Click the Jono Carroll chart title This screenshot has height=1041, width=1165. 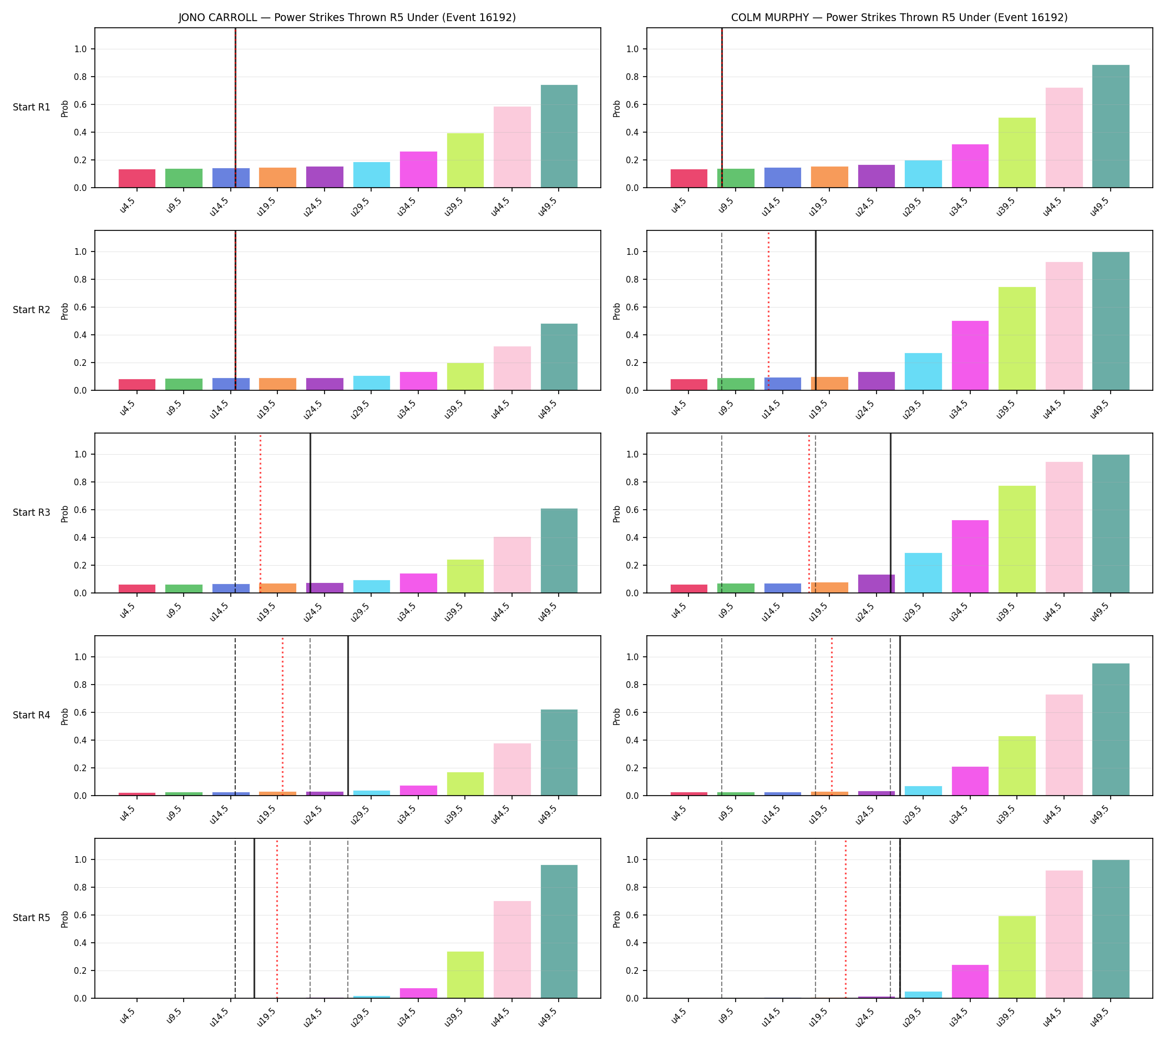pyautogui.click(x=347, y=17)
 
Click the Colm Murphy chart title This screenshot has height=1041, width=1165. pyautogui.click(x=899, y=17)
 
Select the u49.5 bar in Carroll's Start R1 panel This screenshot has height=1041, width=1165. pyautogui.click(x=559, y=136)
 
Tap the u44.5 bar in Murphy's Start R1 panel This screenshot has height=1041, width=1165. pyautogui.click(x=1064, y=138)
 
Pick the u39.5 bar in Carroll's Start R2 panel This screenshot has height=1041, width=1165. pyautogui.click(x=465, y=376)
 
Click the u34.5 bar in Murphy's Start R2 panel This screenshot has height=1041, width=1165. pyautogui.click(x=970, y=356)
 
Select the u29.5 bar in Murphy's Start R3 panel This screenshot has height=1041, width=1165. pyautogui.click(x=923, y=573)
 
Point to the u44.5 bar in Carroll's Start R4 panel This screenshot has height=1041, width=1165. pyautogui.click(x=512, y=770)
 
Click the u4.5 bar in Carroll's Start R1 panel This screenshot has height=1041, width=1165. pyautogui.click(x=137, y=178)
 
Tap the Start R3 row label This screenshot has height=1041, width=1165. pyautogui.click(x=32, y=512)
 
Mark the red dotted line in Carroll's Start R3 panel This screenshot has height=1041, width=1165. pyautogui.click(x=261, y=513)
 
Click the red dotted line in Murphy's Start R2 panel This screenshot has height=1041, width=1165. pyautogui.click(x=768, y=310)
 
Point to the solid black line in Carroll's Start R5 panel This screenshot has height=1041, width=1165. pyautogui.click(x=255, y=919)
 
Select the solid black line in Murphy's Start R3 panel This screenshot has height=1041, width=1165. pyautogui.click(x=890, y=513)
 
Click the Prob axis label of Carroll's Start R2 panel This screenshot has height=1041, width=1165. pyautogui.click(x=64, y=311)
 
